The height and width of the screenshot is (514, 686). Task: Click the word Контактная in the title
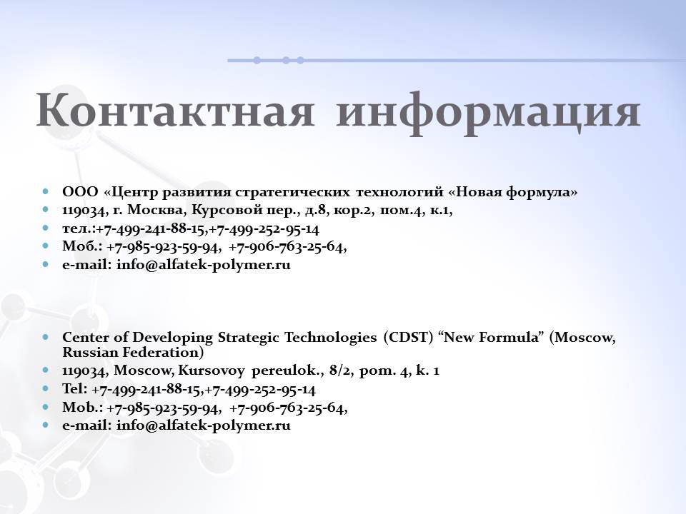click(x=175, y=110)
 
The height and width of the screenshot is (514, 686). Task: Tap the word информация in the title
click(x=488, y=114)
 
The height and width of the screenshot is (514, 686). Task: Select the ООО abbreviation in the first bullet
click(x=80, y=191)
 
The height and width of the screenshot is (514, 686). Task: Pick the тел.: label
click(x=79, y=228)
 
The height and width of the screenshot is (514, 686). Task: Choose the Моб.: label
click(x=82, y=246)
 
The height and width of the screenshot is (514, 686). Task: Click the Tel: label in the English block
click(x=75, y=388)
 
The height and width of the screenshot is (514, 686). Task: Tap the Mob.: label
click(x=83, y=408)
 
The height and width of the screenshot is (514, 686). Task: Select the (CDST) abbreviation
click(x=408, y=338)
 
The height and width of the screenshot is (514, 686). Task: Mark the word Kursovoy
click(x=212, y=371)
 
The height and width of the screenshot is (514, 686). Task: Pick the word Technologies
click(x=331, y=338)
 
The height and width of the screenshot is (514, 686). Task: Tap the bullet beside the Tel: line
click(x=46, y=388)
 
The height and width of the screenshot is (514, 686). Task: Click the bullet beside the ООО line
click(x=46, y=191)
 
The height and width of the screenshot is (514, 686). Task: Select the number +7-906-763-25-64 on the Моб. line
click(x=287, y=247)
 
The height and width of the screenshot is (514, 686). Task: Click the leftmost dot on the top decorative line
click(x=257, y=60)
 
